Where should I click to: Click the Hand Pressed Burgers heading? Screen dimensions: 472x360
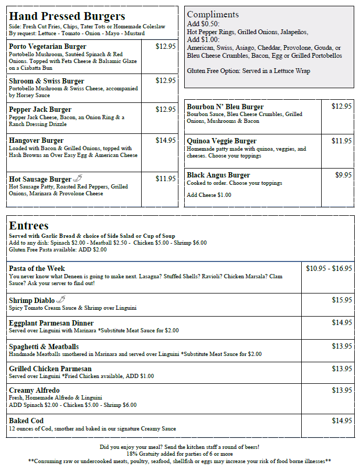[67, 16]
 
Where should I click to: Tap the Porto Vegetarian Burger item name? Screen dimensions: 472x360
[47, 47]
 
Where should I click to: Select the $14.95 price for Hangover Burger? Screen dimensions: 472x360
[165, 140]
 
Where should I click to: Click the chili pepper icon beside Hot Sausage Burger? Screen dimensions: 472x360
[78, 179]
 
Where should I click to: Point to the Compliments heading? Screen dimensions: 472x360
[213, 14]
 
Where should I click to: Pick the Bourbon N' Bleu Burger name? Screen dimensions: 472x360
[225, 107]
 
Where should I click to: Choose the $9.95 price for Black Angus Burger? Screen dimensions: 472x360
[343, 175]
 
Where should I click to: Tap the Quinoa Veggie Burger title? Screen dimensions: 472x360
[221, 141]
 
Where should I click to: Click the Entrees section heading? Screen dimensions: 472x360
[29, 226]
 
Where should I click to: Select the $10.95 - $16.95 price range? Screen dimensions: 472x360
[329, 268]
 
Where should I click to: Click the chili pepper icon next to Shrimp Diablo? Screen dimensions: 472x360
[61, 300]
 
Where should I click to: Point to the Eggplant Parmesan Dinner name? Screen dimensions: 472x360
[51, 323]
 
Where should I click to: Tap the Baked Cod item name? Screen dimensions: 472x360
[26, 421]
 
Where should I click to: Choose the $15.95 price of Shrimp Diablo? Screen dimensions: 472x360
[342, 300]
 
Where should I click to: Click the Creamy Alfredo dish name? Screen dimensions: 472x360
[34, 390]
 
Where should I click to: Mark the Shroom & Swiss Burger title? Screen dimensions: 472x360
[46, 81]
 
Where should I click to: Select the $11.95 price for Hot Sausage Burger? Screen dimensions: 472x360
[165, 179]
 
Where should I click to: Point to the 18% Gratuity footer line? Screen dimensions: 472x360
[179, 454]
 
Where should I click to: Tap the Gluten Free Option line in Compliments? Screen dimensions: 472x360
[248, 71]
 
